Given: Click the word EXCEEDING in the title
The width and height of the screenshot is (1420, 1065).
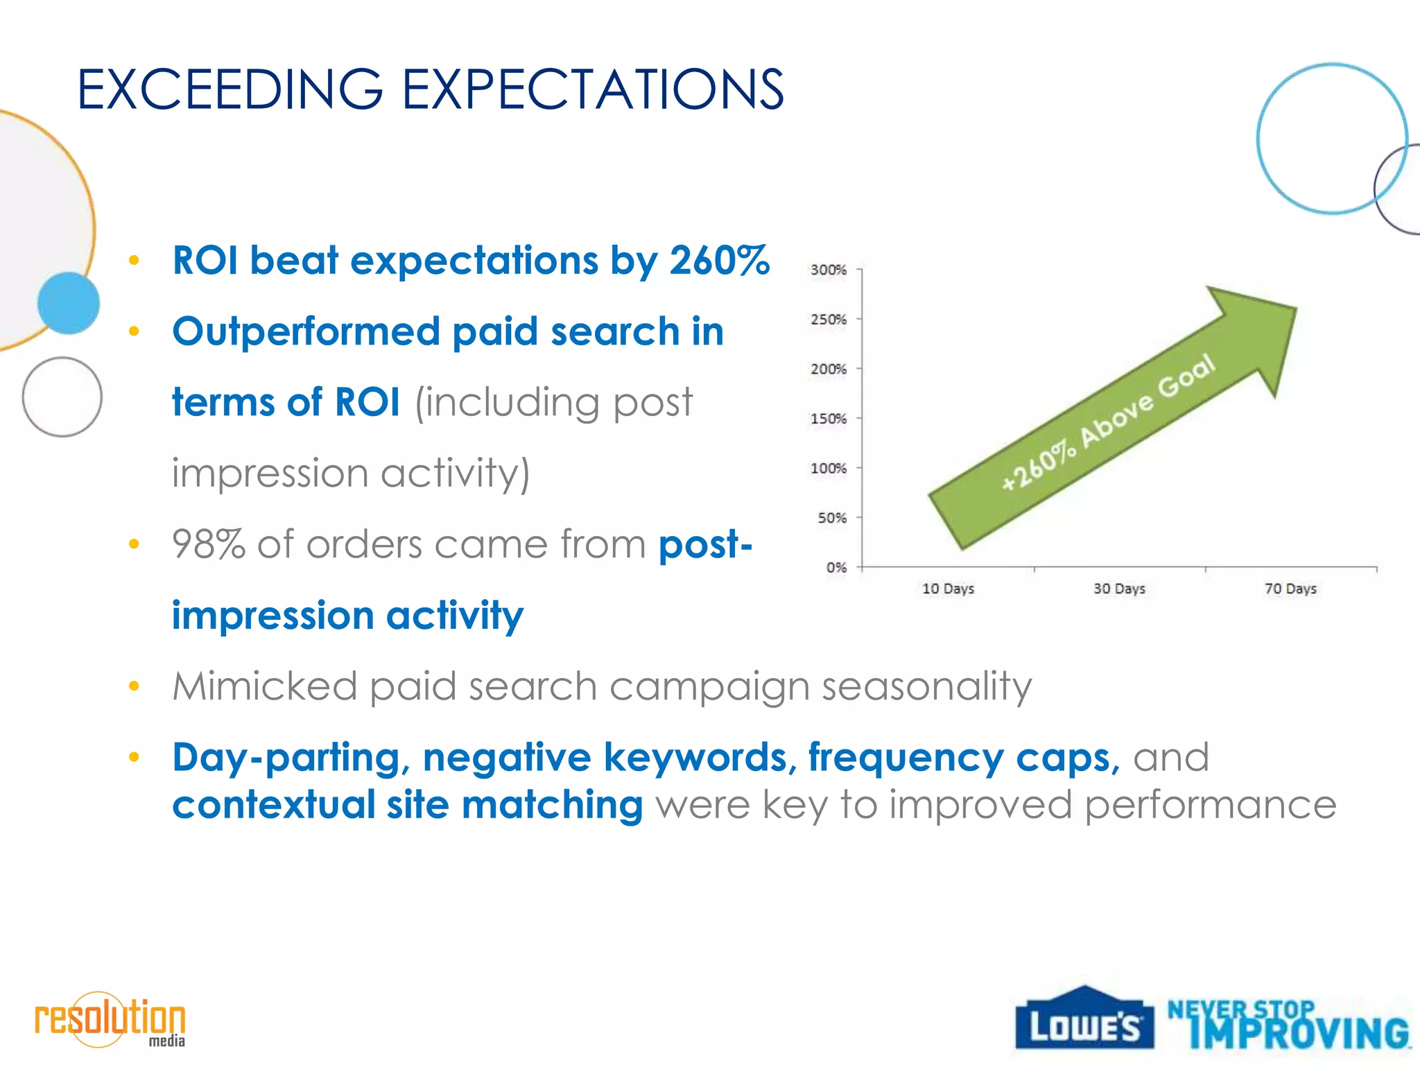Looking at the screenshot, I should (x=230, y=89).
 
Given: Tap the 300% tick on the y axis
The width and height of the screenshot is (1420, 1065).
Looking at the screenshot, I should (x=829, y=270).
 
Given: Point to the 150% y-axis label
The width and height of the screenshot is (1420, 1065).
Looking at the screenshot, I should (x=829, y=419).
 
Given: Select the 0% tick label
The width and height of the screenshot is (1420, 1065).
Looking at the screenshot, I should (x=836, y=568).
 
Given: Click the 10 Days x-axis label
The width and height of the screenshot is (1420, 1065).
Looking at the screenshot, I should (x=948, y=589).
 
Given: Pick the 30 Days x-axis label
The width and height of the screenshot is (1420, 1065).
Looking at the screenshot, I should (x=1119, y=589).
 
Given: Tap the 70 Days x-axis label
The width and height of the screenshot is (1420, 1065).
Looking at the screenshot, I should (x=1290, y=589).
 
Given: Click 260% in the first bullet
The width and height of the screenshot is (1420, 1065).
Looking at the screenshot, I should (x=720, y=261).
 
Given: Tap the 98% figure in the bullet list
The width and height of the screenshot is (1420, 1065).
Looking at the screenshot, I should (x=209, y=544).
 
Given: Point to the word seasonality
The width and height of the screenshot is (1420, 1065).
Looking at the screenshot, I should (x=927, y=686).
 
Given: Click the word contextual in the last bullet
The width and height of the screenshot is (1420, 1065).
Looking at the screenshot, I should (x=274, y=805).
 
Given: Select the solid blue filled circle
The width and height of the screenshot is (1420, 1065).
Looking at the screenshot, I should (x=68, y=303).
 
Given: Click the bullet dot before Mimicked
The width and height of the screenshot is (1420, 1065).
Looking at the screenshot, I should (x=134, y=686).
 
